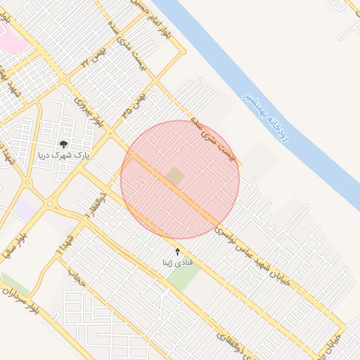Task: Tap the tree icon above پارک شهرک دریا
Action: pyautogui.click(x=63, y=145)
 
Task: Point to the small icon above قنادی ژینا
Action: pyautogui.click(x=176, y=251)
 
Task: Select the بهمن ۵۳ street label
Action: pyautogui.click(x=131, y=105)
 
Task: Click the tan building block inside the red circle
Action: pyautogui.click(x=175, y=176)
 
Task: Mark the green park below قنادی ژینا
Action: pyautogui.click(x=183, y=276)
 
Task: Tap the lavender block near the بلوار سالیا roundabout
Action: pyautogui.click(x=24, y=209)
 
